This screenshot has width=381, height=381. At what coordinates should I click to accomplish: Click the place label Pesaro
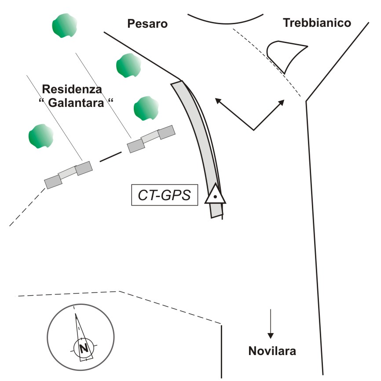coord(147,24)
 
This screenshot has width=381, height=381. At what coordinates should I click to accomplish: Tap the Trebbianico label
coord(317,23)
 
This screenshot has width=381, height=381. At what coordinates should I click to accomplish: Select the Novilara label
coord(272,351)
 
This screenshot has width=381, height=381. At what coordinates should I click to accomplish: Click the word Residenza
coord(72,90)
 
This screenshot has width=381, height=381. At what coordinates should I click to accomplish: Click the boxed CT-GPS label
coord(165,195)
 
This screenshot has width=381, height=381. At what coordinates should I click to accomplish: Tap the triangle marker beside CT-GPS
coord(215,195)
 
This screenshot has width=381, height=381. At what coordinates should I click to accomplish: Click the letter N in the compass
coord(83,349)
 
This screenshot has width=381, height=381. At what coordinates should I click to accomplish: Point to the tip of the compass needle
coord(76,314)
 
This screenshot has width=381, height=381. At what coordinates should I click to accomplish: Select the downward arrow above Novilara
coord(271,324)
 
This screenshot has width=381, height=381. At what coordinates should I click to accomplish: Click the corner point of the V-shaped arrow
coord(254,130)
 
